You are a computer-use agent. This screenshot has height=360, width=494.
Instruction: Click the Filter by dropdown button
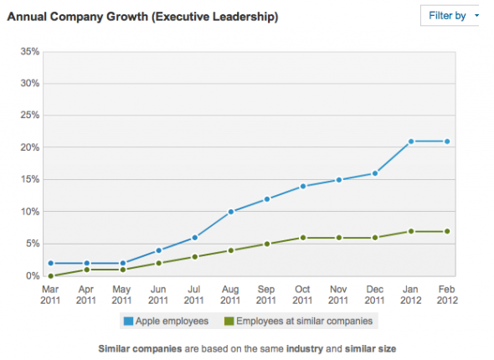click(451, 15)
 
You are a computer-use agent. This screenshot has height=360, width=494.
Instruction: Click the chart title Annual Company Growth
click(143, 16)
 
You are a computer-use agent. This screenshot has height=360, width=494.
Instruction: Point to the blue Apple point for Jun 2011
click(158, 250)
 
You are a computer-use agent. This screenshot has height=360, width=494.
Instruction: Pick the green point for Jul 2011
click(195, 256)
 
